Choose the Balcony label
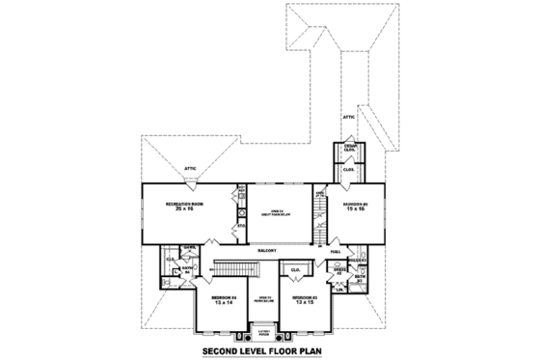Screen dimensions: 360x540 point(269,248)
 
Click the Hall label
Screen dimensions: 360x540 point(336,253)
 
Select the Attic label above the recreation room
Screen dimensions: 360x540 point(190,169)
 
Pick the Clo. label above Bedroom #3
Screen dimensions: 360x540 point(296,269)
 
